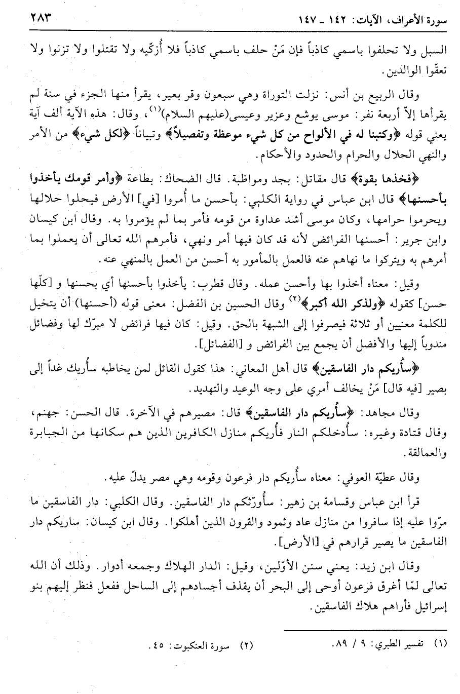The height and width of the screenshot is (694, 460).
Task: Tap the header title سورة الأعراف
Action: [x=411, y=23]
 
